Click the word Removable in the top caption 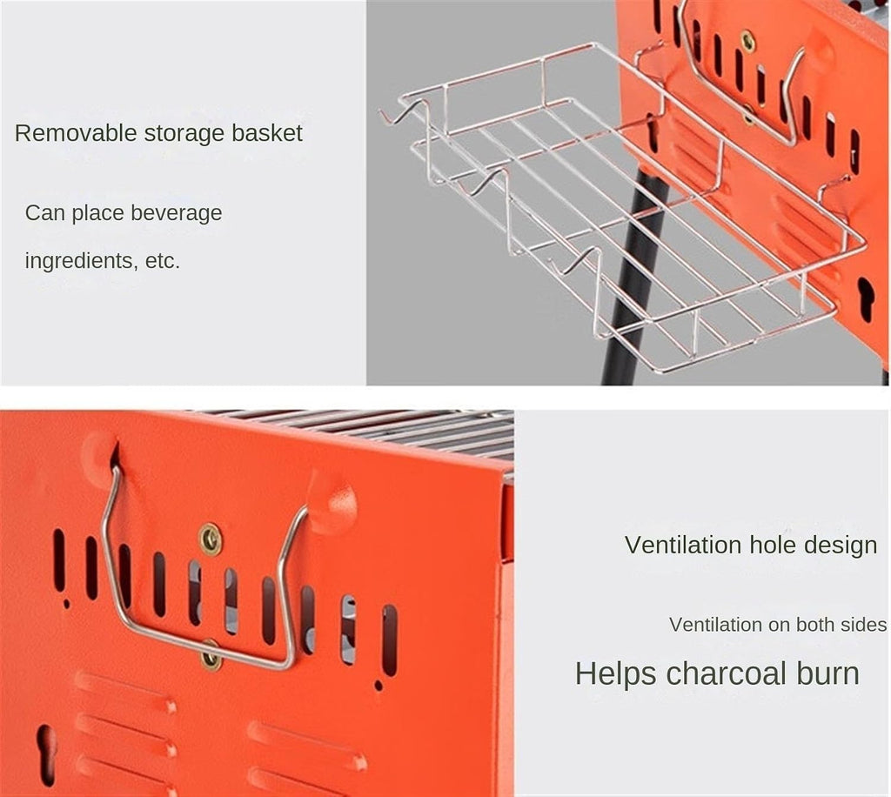76,133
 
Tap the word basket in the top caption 266,133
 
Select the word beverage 176,213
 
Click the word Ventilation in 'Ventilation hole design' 683,545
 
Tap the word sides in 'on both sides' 864,625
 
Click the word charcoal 727,673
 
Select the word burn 828,673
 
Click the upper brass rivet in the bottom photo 211,539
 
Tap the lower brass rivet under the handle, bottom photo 211,656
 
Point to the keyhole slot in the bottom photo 45,753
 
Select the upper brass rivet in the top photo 747,41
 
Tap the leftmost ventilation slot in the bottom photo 59,559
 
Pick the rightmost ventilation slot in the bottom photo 389,640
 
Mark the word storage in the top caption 184,134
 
